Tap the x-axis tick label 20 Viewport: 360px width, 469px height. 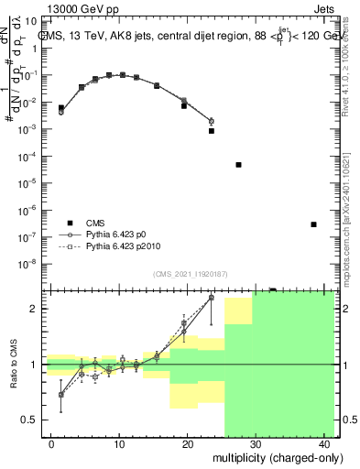(x=187, y=443)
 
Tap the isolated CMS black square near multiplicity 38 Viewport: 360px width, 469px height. (x=313, y=224)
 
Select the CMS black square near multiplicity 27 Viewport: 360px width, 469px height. (x=238, y=165)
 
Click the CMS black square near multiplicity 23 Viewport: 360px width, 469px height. (x=212, y=131)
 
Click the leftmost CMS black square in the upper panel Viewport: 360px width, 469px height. (x=61, y=107)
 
